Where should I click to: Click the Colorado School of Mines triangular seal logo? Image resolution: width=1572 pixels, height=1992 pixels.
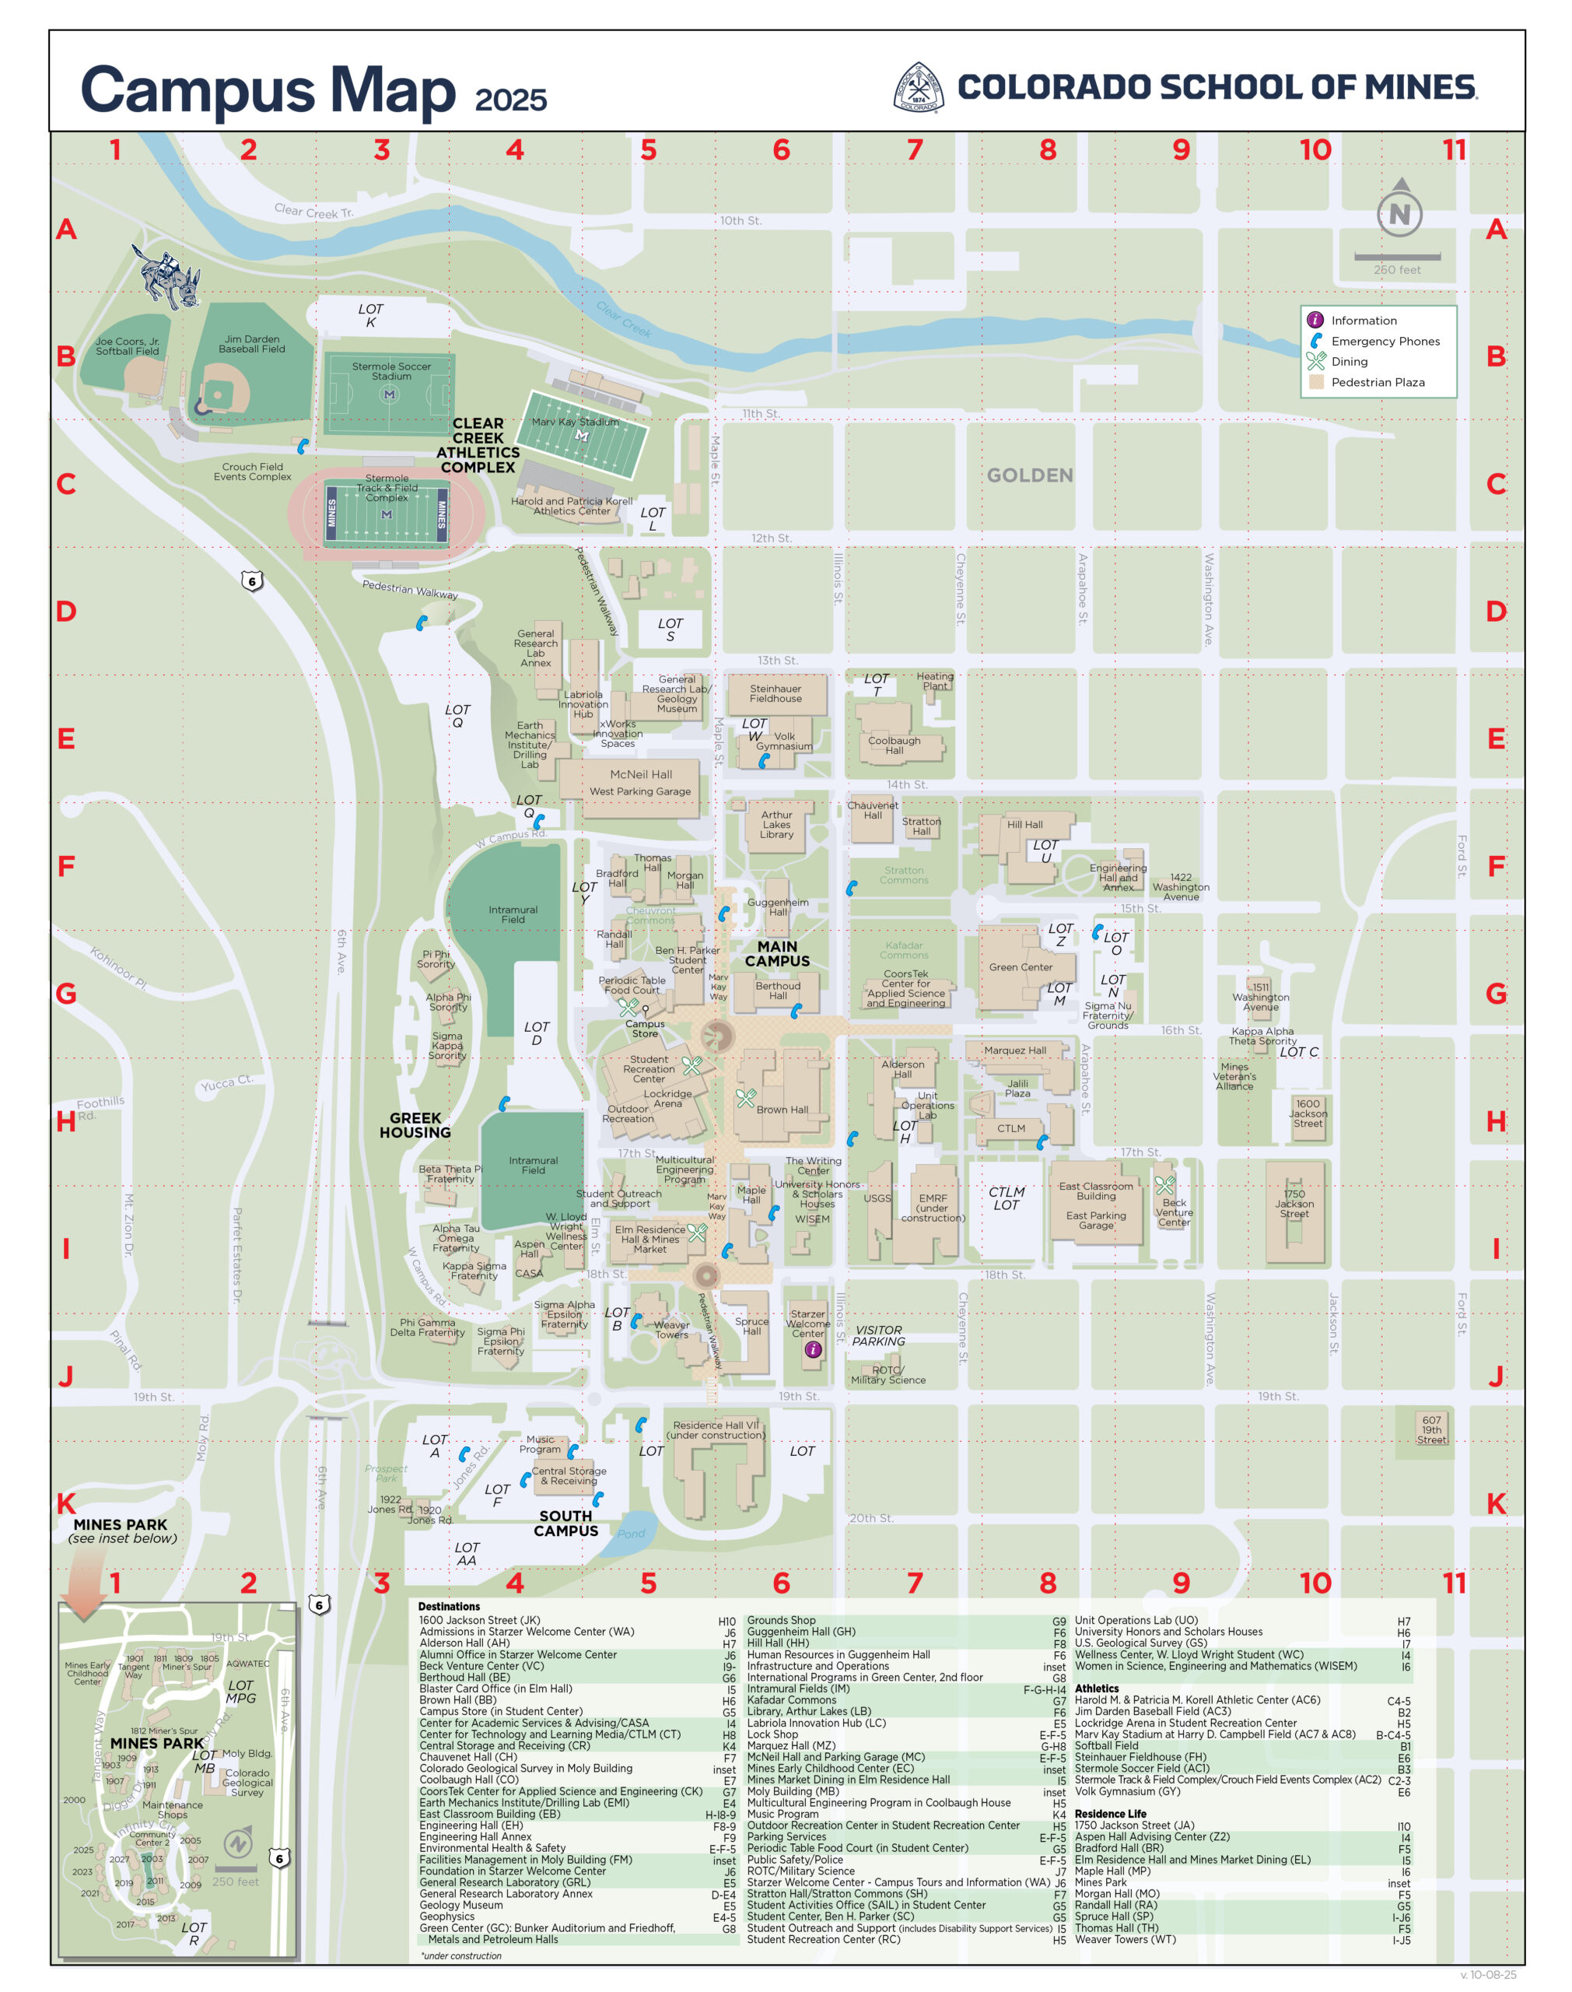(x=919, y=87)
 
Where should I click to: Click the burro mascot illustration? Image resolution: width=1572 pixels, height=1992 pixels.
(x=171, y=276)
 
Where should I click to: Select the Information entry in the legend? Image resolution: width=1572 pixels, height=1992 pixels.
(x=1363, y=321)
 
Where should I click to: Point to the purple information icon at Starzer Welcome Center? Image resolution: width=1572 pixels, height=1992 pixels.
(x=813, y=1349)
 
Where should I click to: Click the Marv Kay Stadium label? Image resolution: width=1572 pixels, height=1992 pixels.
(x=576, y=423)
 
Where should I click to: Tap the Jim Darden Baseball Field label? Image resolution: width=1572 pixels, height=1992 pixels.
(x=251, y=344)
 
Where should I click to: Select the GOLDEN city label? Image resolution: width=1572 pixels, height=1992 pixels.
(x=1029, y=475)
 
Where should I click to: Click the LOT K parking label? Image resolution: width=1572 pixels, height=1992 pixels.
(x=371, y=316)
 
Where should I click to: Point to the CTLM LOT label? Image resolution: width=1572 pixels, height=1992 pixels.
(x=1006, y=1198)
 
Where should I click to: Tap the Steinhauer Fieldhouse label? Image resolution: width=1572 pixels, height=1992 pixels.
(x=775, y=693)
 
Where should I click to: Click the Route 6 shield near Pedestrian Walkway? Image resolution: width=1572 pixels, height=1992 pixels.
(x=252, y=580)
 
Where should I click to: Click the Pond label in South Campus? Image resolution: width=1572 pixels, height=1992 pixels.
(x=631, y=1534)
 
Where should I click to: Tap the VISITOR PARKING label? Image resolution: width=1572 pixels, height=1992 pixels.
(x=878, y=1336)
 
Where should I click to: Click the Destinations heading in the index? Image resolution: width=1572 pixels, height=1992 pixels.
(x=448, y=1606)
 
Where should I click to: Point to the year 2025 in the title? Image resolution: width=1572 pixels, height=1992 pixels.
(x=511, y=100)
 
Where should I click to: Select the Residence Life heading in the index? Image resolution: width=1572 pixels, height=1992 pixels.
(x=1110, y=1813)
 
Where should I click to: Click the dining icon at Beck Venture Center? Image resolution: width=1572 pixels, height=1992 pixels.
(x=1165, y=1186)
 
